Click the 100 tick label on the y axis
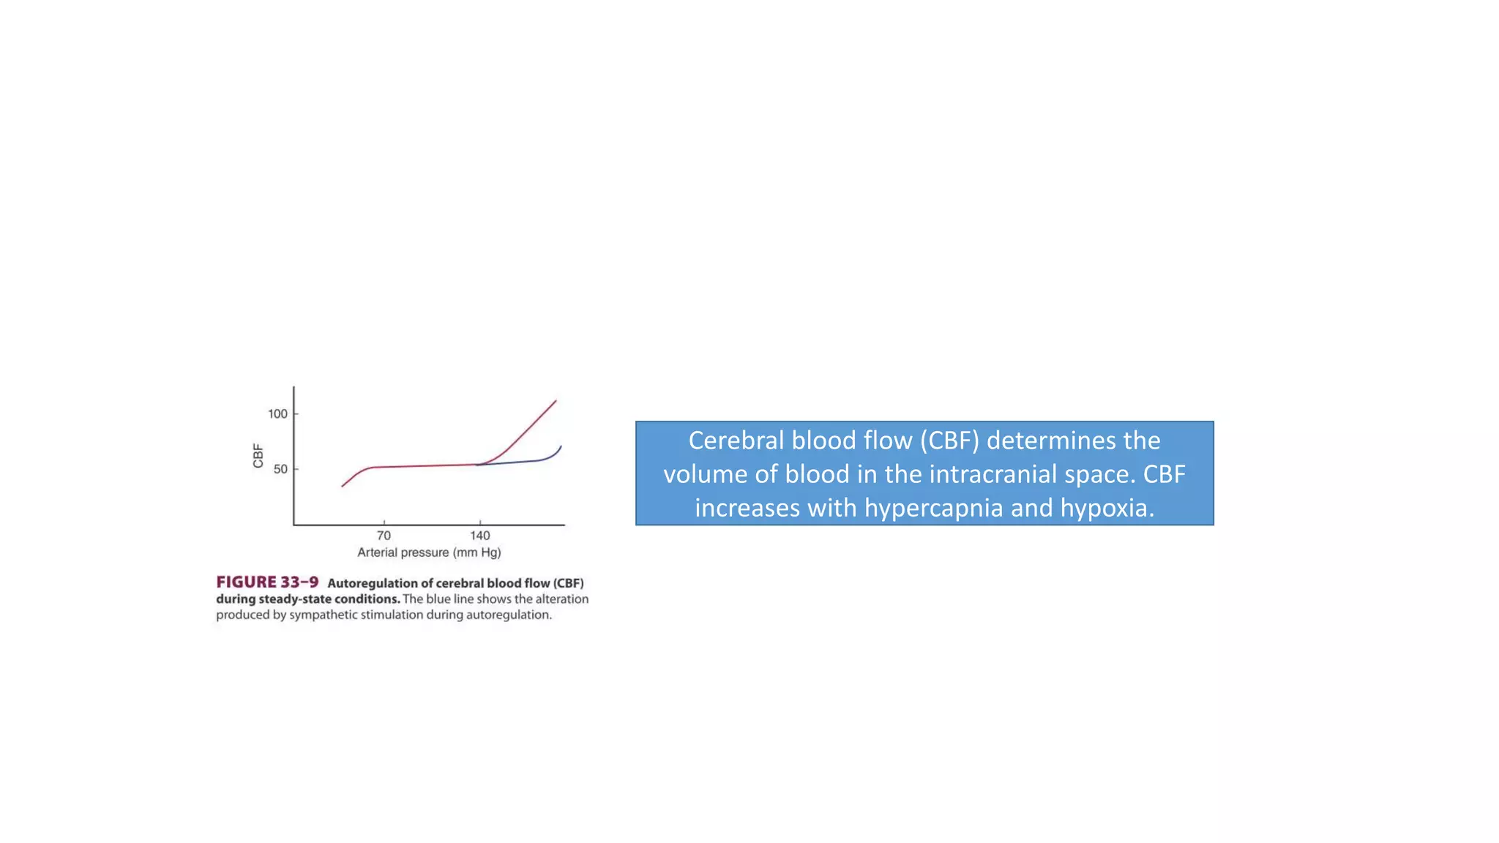pyautogui.click(x=277, y=414)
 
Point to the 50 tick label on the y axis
pyautogui.click(x=280, y=469)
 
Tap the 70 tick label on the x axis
pyautogui.click(x=384, y=536)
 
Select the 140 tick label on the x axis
pyautogui.click(x=479, y=536)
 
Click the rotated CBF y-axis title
pyautogui.click(x=258, y=456)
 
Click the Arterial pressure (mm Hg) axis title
pyautogui.click(x=429, y=552)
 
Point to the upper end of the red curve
pyautogui.click(x=556, y=401)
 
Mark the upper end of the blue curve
pyautogui.click(x=561, y=446)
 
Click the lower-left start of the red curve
pyautogui.click(x=343, y=486)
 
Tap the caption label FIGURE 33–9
pyautogui.click(x=267, y=582)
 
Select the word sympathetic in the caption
pyautogui.click(x=334, y=615)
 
